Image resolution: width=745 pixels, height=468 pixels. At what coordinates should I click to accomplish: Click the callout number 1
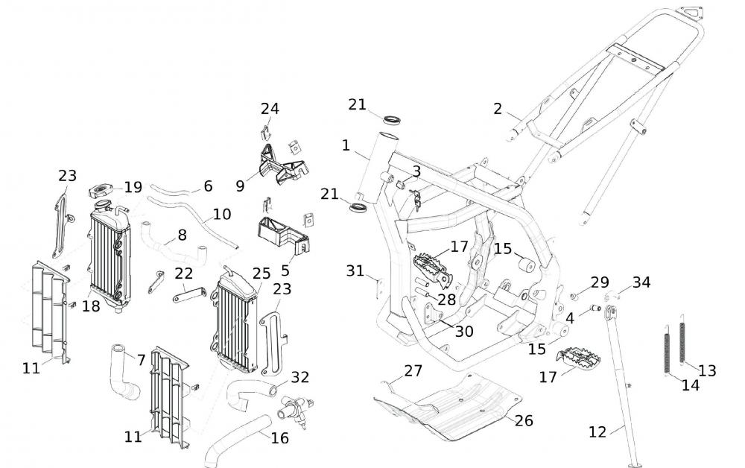click(346, 145)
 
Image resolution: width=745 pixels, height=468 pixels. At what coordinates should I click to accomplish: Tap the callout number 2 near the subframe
click(498, 109)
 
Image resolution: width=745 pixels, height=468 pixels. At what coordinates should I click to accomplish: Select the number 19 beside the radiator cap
click(133, 187)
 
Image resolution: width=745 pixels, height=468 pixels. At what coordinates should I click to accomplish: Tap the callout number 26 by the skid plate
click(524, 421)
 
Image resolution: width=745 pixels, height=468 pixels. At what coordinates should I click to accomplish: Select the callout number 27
click(413, 370)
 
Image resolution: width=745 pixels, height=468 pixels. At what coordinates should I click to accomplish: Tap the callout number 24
click(270, 109)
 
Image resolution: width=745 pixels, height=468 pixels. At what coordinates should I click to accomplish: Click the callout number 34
click(641, 282)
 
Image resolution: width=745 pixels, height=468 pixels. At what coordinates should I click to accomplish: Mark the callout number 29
click(600, 282)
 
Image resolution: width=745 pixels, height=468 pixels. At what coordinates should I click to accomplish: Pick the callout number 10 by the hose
click(221, 215)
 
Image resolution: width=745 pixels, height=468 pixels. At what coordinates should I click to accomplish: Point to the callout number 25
click(261, 273)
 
